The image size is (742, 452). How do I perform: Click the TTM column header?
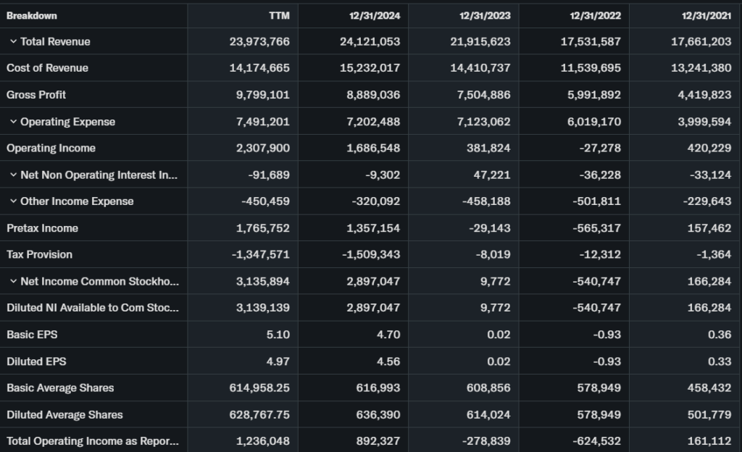click(278, 15)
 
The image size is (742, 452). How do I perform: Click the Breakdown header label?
click(31, 15)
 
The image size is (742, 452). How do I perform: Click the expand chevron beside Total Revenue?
click(13, 42)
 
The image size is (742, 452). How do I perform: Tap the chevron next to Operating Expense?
click(13, 122)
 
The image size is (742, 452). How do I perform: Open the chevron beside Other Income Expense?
click(13, 201)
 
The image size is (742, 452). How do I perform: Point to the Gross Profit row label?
click(36, 95)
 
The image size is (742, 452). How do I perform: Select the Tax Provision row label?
click(39, 254)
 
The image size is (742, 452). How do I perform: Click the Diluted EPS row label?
click(36, 361)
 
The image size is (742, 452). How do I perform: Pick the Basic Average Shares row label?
click(60, 388)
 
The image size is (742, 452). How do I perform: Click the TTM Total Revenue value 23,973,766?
click(259, 42)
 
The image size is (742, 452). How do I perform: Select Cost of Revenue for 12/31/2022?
click(591, 68)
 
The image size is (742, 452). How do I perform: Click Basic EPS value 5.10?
click(278, 335)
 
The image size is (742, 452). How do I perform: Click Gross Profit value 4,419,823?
click(701, 95)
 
